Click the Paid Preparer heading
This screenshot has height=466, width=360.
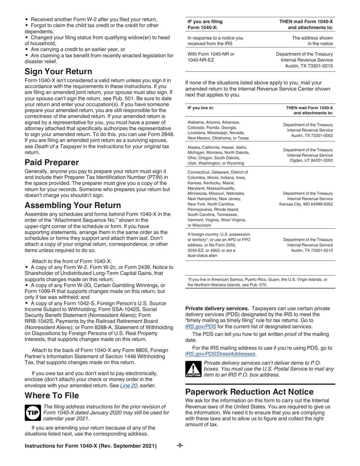click(52, 163)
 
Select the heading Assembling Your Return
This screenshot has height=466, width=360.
click(73, 205)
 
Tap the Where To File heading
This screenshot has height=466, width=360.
click(52, 396)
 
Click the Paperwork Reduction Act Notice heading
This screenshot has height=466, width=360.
click(249, 392)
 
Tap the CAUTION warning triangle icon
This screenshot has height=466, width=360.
click(193, 369)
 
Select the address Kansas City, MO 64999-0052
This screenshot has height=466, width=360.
click(306, 204)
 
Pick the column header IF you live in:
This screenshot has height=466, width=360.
click(200, 108)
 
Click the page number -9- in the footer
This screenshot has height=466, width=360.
click(180, 446)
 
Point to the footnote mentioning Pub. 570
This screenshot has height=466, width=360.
click(257, 282)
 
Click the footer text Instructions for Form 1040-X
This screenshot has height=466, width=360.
click(91, 446)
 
